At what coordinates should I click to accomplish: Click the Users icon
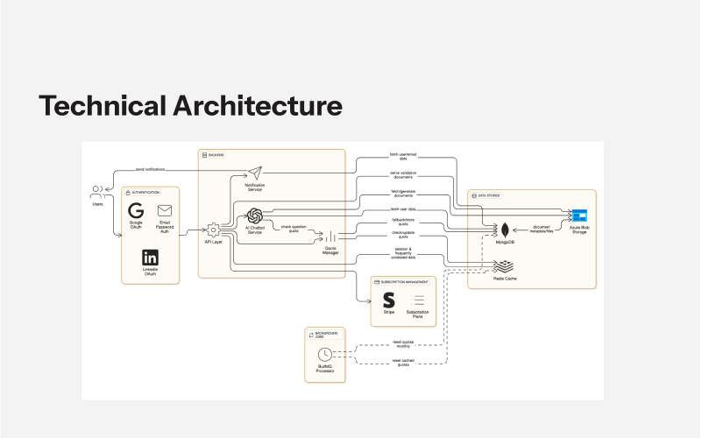[97, 192]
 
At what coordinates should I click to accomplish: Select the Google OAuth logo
[136, 211]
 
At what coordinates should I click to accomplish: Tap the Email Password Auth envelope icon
[165, 210]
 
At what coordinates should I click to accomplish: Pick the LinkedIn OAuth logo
[150, 257]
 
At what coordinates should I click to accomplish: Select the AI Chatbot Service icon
[255, 215]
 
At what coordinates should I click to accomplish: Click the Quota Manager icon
[331, 237]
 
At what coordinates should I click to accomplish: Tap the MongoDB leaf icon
[506, 231]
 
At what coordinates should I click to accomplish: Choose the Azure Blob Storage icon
[578, 215]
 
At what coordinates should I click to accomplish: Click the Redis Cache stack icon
[507, 266]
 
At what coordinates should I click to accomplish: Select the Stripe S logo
[389, 300]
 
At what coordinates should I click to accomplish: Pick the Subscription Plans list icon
[419, 300]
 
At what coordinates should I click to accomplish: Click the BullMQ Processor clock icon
[325, 354]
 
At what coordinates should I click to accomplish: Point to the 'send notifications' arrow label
[152, 169]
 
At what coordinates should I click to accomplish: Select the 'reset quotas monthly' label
[402, 344]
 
